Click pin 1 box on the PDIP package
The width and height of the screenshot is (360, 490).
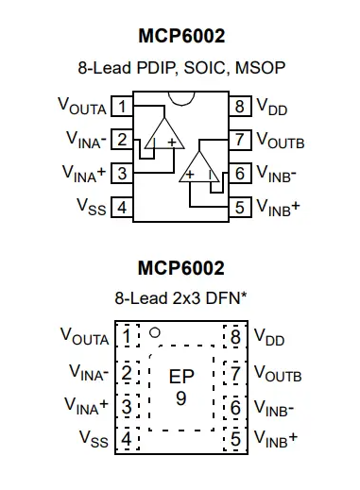point(122,107)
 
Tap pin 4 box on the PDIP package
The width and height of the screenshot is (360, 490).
point(122,206)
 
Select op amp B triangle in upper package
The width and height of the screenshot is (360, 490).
point(200,167)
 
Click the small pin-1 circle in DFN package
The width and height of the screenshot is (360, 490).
point(156,332)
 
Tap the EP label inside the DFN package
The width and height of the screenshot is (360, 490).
point(181,376)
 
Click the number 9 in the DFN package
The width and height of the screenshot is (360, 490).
point(181,397)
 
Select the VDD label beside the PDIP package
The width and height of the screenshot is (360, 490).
point(272,108)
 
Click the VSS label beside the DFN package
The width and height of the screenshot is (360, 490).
point(92,439)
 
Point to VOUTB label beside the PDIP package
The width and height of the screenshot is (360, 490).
point(280,141)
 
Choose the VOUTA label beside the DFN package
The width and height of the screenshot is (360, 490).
point(83,336)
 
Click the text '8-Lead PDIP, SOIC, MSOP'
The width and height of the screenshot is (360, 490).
point(180,68)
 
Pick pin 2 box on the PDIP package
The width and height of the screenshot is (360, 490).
point(122,140)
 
